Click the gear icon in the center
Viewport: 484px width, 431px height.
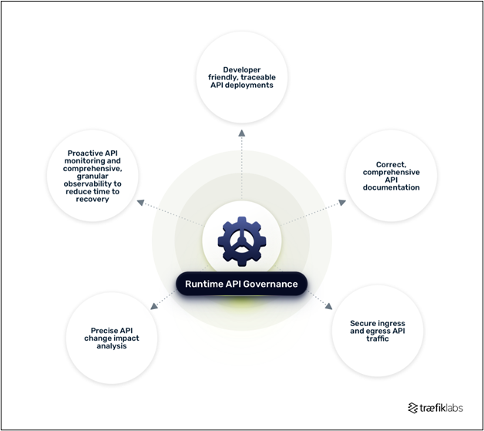(x=242, y=241)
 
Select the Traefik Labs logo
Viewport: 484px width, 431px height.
(x=435, y=408)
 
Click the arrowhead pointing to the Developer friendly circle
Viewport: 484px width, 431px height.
(x=242, y=133)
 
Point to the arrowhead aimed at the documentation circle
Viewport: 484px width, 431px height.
(x=342, y=203)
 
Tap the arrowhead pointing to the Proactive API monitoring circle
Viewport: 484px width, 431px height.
(x=141, y=203)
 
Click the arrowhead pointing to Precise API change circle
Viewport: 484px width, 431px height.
(x=153, y=306)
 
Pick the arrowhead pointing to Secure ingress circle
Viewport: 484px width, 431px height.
(x=329, y=306)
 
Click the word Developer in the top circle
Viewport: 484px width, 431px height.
(x=242, y=69)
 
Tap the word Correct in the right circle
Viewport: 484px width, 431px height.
(x=391, y=164)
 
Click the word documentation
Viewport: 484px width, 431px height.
(x=391, y=187)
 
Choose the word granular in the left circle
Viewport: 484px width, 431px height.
(x=92, y=177)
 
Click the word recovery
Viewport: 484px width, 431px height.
(x=92, y=199)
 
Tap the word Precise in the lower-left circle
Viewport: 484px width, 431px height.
(x=103, y=331)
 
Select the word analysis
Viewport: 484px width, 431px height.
(x=112, y=346)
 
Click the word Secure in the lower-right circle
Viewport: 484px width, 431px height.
(x=363, y=323)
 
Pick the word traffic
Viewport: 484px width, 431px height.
(x=378, y=338)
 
